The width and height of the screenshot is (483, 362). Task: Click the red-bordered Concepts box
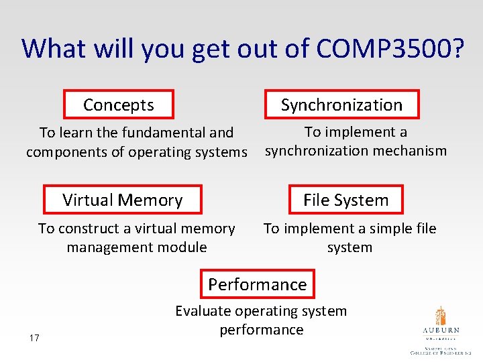pos(119,105)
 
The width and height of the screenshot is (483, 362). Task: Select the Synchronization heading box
pos(341,105)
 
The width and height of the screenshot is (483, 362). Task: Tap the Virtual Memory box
pos(123,200)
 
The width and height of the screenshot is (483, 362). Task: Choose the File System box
pos(346,200)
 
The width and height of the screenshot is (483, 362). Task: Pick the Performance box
pos(258,284)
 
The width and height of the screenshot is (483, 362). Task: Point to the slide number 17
pos(34,338)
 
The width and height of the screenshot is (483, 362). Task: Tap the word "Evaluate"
pos(204,311)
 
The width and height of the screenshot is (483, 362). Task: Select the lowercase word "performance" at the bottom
pos(262,330)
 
